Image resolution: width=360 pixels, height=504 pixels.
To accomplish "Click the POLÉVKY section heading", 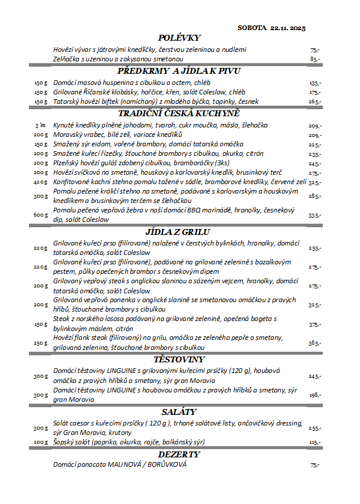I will (x=179, y=38).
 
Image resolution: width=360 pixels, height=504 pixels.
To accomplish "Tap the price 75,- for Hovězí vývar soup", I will (x=314, y=50).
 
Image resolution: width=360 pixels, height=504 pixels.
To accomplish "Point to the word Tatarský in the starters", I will (x=66, y=102).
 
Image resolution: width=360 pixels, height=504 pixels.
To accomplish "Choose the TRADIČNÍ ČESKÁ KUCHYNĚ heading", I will (x=179, y=113).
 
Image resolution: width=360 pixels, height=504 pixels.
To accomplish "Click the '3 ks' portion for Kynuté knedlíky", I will (x=41, y=126).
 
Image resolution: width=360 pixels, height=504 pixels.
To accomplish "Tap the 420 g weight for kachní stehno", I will (x=40, y=182).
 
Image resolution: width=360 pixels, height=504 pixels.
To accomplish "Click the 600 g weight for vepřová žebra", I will (x=40, y=215).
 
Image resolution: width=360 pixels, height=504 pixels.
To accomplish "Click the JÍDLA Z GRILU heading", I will (x=179, y=232).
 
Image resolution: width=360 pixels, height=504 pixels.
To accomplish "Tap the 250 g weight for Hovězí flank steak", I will (x=40, y=343).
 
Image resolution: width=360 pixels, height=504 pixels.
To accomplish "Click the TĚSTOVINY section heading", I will (x=179, y=359).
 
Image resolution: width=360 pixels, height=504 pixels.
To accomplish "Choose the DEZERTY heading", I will (x=179, y=454).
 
